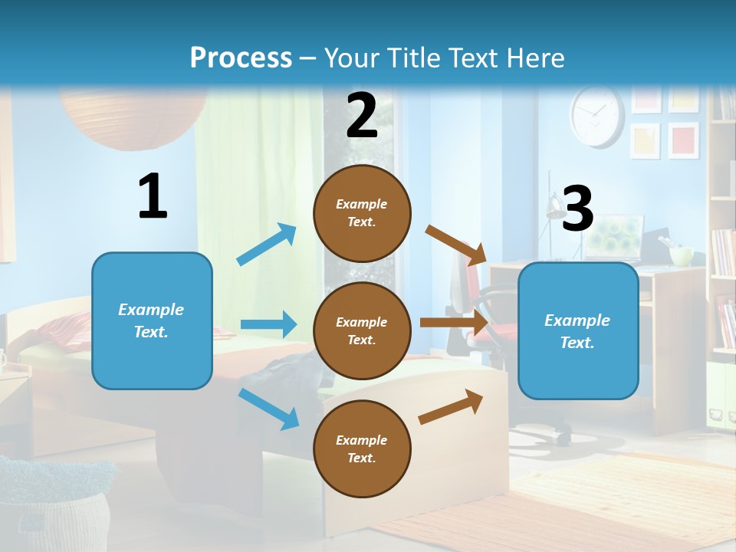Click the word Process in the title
tap(241, 58)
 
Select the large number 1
tap(153, 197)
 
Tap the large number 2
tap(362, 116)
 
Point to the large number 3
tap(577, 209)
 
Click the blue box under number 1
tap(152, 320)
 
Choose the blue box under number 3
tap(578, 330)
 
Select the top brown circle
tap(362, 213)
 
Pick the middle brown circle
tap(362, 330)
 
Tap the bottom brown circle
tap(362, 449)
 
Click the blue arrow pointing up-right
tap(267, 245)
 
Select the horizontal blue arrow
tap(268, 324)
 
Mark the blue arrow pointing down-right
tap(268, 409)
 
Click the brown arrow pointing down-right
tap(456, 245)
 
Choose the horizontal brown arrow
tap(454, 322)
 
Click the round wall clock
tap(597, 116)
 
